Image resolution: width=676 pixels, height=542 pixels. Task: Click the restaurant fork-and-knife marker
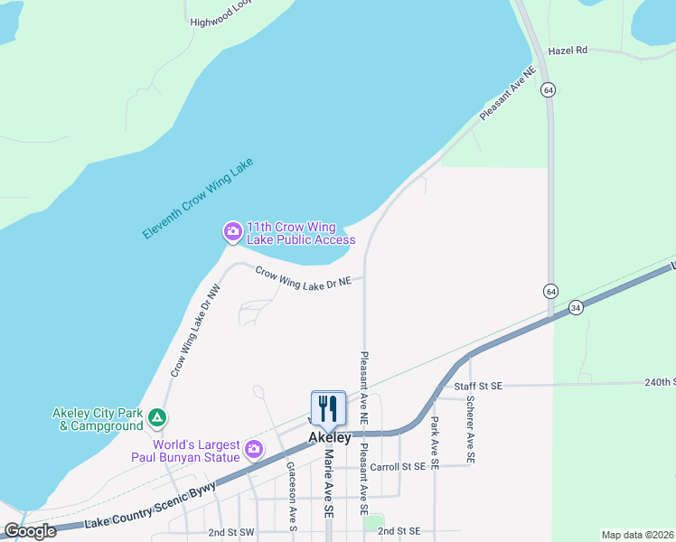tap(328, 407)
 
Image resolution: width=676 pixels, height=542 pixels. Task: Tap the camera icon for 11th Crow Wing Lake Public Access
tap(232, 232)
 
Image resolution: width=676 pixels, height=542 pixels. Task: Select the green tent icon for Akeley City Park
tap(157, 418)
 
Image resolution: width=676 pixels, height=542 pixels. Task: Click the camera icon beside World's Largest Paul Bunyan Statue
tap(254, 448)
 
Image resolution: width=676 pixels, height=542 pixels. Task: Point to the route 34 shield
tap(576, 309)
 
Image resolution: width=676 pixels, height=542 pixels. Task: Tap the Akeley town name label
tap(329, 437)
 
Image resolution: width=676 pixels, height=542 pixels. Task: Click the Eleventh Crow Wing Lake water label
tap(198, 199)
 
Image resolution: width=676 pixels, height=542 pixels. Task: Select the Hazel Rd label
tap(568, 51)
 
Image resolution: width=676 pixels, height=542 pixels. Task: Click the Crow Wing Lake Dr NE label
tap(302, 277)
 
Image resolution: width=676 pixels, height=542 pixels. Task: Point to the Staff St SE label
tap(477, 386)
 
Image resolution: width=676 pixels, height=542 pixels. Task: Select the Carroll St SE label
tap(398, 467)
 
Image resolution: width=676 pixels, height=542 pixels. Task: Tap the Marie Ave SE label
tap(328, 483)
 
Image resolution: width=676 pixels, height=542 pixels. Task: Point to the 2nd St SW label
tap(231, 532)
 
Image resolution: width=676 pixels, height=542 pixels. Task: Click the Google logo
tap(30, 531)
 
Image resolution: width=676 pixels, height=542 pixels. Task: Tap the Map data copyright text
tap(637, 535)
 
